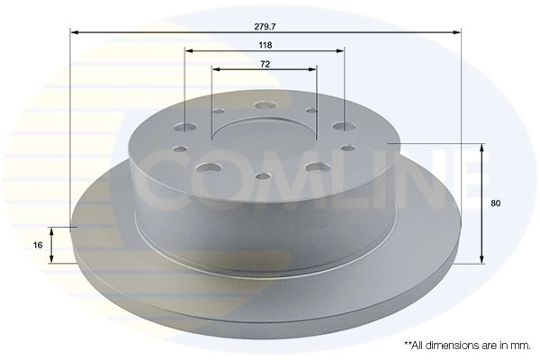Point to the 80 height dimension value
495,203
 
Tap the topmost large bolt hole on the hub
265,106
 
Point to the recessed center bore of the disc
265,139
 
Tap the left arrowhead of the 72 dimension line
216,70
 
